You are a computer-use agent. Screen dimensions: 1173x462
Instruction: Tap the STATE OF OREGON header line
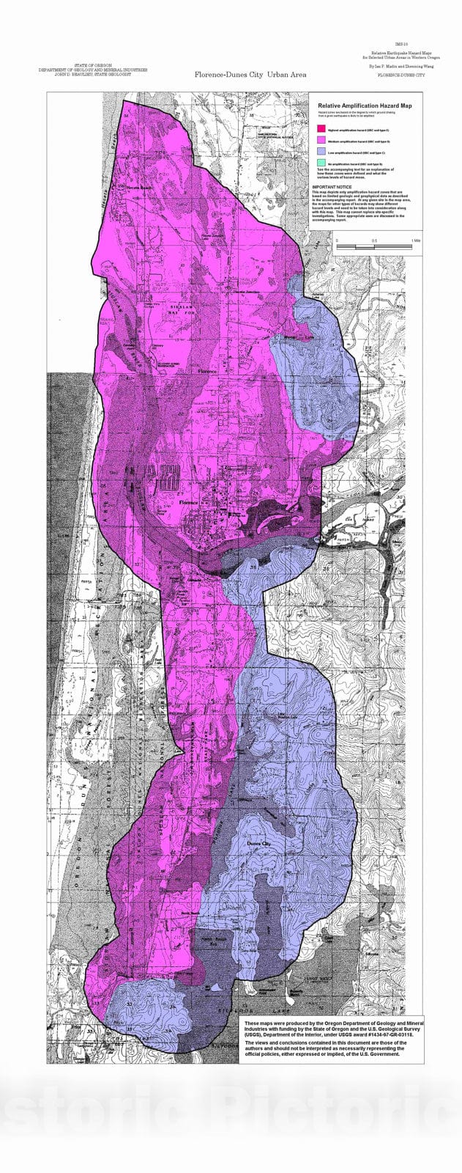[93, 65]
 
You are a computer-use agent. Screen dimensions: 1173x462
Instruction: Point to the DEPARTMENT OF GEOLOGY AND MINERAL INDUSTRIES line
[93, 70]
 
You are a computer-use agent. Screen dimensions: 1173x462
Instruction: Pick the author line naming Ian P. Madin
[400, 66]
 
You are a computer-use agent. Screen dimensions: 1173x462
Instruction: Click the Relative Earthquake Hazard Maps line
[399, 53]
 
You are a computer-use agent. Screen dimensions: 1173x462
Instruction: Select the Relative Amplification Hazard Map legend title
[364, 106]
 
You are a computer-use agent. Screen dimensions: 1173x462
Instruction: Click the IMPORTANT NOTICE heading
[332, 187]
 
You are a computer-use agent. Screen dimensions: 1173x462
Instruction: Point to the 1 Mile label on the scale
[415, 240]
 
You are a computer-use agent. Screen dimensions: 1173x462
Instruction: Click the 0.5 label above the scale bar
[374, 240]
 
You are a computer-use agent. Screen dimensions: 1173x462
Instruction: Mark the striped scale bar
[377, 248]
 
